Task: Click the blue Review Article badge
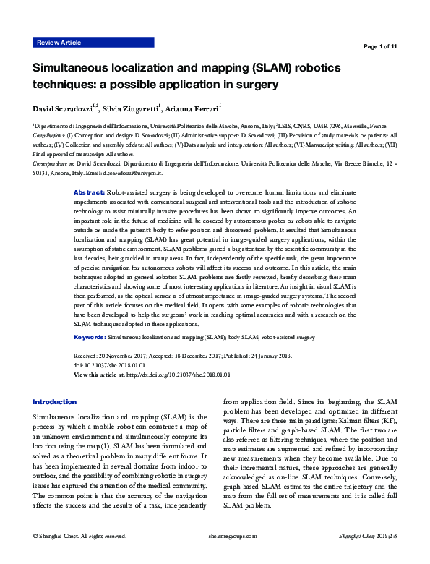59,43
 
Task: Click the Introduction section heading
55,401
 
